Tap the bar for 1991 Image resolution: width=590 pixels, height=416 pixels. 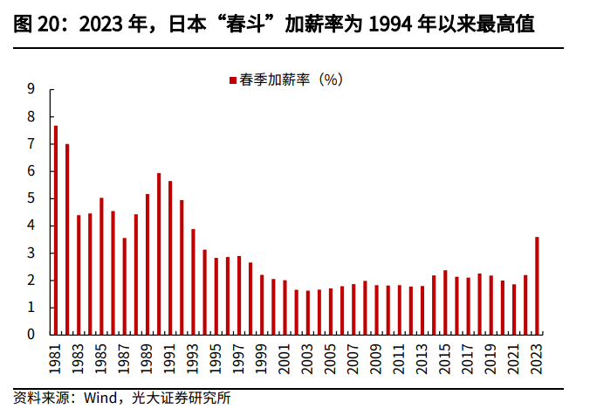tap(170, 258)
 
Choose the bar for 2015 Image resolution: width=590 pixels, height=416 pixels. tap(445, 302)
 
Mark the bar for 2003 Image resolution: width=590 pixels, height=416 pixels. tap(308, 312)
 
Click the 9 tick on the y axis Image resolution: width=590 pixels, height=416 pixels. tap(31, 89)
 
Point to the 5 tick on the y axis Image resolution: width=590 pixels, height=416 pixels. tap(31, 198)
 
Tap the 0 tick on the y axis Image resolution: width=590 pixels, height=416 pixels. tap(31, 335)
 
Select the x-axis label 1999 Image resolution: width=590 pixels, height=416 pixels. tap(262, 356)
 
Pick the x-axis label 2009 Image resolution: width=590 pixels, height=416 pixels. tap(376, 356)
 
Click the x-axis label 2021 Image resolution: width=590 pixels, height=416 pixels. tap(514, 356)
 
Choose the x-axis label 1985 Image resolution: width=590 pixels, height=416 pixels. tap(102, 356)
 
